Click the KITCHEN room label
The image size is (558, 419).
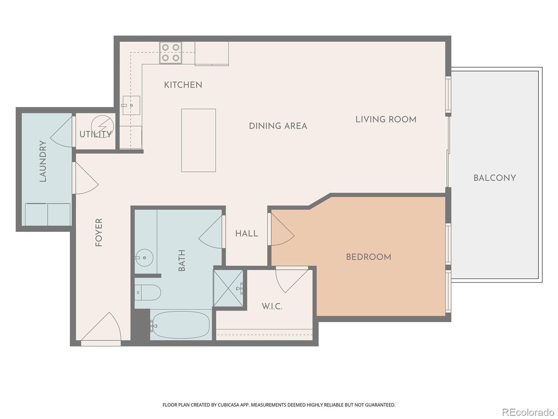183,85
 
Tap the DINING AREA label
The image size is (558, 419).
278,126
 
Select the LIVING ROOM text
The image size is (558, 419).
386,119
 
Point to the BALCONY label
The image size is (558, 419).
495,178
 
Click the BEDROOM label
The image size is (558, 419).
368,257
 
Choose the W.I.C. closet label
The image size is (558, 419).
272,306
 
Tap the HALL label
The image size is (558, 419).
247,234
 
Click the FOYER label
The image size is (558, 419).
99,233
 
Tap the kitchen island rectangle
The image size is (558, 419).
198,140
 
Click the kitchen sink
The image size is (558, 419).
131,105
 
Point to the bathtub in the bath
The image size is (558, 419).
180,325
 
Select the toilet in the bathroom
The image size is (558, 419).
147,292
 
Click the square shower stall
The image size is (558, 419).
228,288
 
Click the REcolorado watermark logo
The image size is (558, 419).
527,412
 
